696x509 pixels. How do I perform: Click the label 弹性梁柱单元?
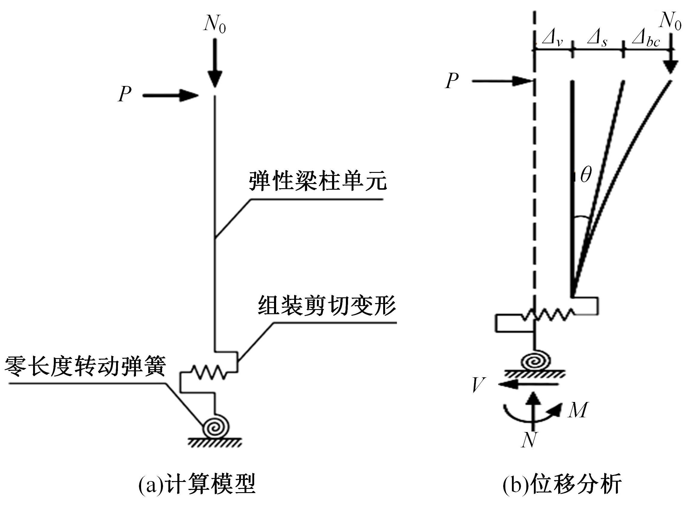pos(318,182)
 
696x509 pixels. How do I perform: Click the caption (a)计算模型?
pos(197,485)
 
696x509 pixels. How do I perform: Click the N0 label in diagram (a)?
pos(214,24)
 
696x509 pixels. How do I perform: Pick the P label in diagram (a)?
pos(125,94)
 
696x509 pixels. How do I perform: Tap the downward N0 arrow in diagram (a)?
pos(215,63)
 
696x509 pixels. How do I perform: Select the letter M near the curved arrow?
pos(578,410)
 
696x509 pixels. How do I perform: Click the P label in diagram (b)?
pos(452,81)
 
